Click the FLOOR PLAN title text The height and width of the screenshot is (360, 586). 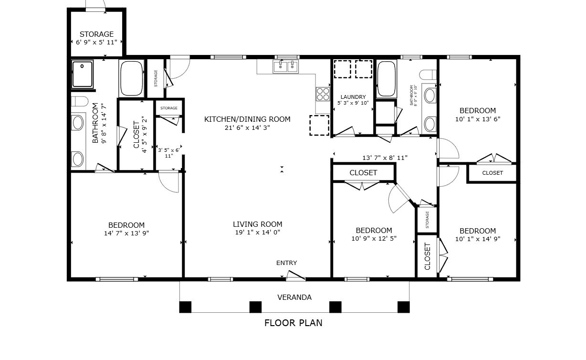[x=293, y=323]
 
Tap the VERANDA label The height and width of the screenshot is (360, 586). [x=294, y=297]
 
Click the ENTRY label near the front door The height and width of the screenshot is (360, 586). [x=286, y=263]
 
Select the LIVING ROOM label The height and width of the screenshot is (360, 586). [x=257, y=224]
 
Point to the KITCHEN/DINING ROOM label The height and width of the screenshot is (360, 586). [x=247, y=119]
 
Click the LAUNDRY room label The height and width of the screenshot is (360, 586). [x=353, y=97]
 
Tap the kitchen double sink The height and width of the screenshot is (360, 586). [x=285, y=66]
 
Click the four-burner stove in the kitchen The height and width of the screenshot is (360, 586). [x=323, y=94]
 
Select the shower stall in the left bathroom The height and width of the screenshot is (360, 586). [x=83, y=74]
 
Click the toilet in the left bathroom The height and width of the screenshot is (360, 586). [x=80, y=101]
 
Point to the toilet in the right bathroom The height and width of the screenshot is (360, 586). [x=428, y=74]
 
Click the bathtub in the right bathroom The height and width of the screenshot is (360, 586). [x=387, y=79]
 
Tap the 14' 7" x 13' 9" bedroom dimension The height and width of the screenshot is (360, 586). [x=126, y=233]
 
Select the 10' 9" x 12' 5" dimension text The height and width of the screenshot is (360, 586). [x=374, y=239]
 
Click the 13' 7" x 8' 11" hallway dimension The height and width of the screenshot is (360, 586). [x=385, y=158]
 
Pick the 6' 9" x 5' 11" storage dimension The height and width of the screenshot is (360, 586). [x=96, y=42]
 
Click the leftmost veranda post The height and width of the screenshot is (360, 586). [x=185, y=307]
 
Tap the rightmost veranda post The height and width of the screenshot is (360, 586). [x=403, y=307]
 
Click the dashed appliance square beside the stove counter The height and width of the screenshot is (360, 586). [x=319, y=125]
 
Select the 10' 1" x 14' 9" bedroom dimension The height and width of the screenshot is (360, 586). [x=478, y=239]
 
